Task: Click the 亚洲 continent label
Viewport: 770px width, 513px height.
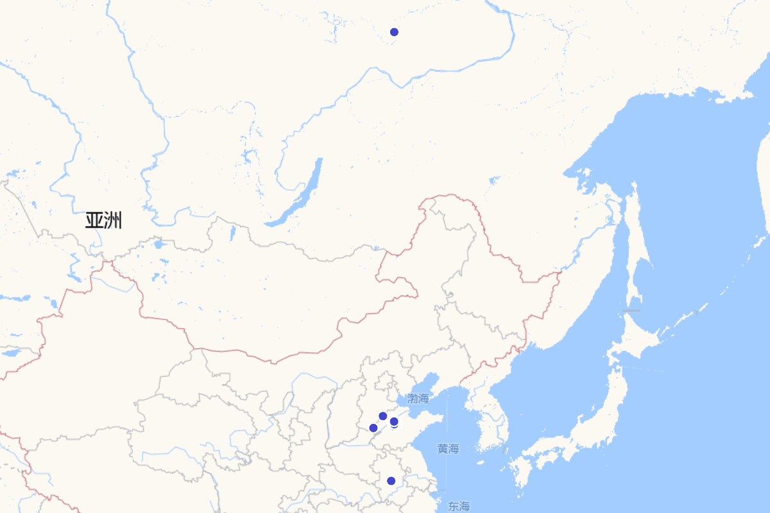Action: click(103, 221)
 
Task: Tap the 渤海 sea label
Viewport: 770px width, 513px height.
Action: click(418, 399)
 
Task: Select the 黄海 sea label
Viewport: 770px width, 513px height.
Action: click(449, 449)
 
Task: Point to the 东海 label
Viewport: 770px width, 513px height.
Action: click(459, 507)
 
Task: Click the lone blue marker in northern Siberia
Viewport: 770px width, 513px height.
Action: click(394, 32)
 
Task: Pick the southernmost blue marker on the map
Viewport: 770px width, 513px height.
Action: click(391, 481)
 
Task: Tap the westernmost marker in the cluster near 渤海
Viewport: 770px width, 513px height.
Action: click(373, 428)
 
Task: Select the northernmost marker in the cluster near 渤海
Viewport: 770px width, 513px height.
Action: click(383, 416)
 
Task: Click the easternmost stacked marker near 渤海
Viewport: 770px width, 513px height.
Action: click(394, 422)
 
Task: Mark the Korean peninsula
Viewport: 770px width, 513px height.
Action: click(488, 417)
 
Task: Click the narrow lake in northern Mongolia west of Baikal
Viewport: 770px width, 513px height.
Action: click(232, 232)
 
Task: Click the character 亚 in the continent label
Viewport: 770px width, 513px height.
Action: click(94, 221)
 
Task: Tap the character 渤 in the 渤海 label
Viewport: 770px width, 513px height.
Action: click(412, 399)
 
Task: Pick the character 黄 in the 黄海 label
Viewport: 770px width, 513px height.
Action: click(443, 449)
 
